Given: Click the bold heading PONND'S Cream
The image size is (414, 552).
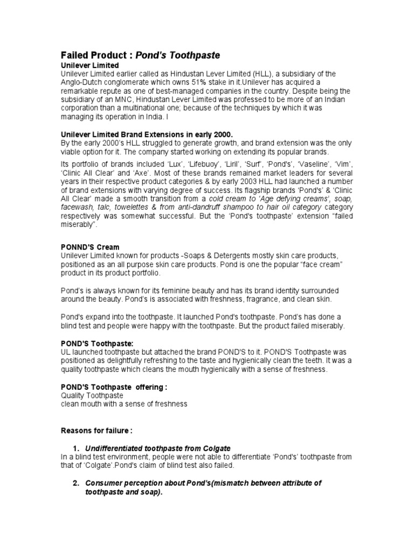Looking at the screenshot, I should click(x=90, y=246).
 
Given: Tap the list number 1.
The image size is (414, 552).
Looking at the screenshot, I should click(x=76, y=448).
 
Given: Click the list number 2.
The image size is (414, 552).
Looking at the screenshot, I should click(x=76, y=483).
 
